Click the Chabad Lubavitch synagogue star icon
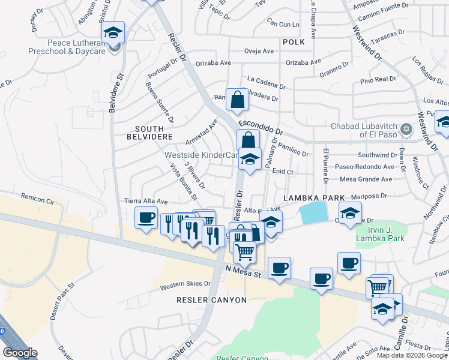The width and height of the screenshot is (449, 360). coord(406,129)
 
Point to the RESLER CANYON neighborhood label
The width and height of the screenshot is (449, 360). coord(211,299)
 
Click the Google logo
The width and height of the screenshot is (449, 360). coord(20,353)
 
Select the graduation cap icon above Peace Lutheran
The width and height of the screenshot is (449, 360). coord(112,33)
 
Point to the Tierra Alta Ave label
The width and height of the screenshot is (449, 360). coord(145,202)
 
